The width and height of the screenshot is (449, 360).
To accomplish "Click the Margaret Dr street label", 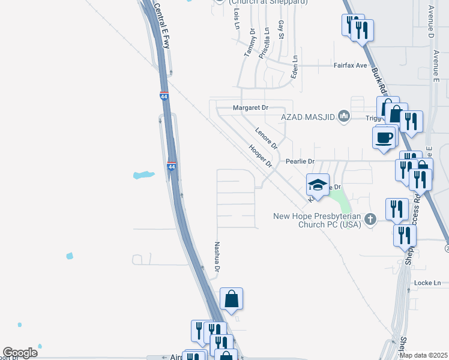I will click(x=250, y=107).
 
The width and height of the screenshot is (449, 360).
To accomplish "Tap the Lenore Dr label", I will click(x=266, y=138).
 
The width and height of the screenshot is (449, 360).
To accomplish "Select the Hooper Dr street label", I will click(x=261, y=155).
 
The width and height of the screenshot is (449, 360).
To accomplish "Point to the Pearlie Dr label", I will click(x=300, y=161).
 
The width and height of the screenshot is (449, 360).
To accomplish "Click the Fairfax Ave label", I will click(x=350, y=65).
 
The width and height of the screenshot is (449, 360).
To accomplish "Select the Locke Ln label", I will click(x=427, y=283).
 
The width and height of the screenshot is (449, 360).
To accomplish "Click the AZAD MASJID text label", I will click(x=307, y=116).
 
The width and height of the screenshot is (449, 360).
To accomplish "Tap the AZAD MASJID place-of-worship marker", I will click(x=344, y=116).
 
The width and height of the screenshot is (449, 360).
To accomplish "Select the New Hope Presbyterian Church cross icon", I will click(x=370, y=220).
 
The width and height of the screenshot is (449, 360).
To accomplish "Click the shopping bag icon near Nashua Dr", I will click(x=231, y=299).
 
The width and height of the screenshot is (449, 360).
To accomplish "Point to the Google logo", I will click(x=19, y=353).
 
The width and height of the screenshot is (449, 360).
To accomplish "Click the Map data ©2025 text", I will click(x=424, y=355).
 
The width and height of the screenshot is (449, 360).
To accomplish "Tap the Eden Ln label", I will click(x=294, y=66).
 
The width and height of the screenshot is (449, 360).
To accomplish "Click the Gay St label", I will click(x=281, y=28).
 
